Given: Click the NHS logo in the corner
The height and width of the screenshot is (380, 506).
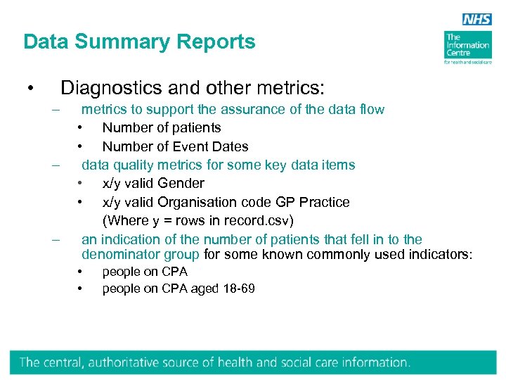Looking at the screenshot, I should click(477, 20).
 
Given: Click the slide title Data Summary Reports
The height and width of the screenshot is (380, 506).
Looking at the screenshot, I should click(139, 42).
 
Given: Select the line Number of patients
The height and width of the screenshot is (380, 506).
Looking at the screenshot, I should click(162, 127).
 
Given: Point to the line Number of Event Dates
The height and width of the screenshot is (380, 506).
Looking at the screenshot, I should click(175, 146).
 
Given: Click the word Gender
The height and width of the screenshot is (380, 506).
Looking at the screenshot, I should click(181, 183).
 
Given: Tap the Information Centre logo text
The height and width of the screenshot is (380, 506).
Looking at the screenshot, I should click(467, 45).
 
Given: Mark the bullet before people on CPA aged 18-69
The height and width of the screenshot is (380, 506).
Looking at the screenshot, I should click(82, 289).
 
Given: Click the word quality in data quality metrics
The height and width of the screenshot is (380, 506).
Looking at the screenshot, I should click(135, 165).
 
